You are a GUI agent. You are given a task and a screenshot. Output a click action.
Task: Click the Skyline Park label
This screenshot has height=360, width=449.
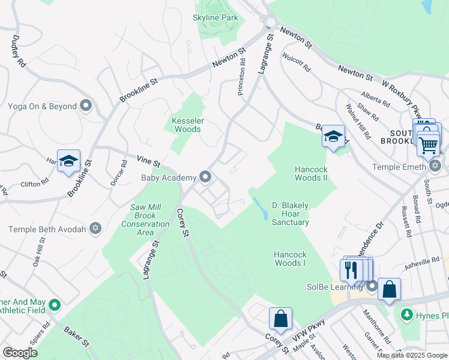tap(215, 17)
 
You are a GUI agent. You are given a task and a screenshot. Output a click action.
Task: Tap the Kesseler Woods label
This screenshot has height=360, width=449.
tap(188, 125)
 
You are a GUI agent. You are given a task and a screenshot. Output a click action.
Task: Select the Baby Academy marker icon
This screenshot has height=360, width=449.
tap(206, 177)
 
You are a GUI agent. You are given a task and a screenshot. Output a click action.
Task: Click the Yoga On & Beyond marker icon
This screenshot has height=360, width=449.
tap(86, 106)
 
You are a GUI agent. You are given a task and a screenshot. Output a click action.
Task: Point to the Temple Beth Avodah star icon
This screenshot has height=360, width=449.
tap(95, 229)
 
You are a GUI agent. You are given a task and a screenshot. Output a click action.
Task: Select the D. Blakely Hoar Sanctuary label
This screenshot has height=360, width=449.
tap(290, 214)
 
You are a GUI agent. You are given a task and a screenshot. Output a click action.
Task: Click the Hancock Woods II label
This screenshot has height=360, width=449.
tap(311, 173)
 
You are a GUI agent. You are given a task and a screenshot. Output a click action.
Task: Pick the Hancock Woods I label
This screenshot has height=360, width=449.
tap(290, 259)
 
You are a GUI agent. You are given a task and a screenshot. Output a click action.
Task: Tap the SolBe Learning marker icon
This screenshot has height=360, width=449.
tap(372, 286)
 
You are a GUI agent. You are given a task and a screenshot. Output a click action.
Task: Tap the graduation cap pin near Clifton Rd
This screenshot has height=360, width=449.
tap(68, 160)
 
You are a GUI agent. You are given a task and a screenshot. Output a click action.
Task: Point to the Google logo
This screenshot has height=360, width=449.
tap(20, 353)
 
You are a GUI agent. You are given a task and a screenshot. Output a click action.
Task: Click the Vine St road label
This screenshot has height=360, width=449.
tap(148, 162)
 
